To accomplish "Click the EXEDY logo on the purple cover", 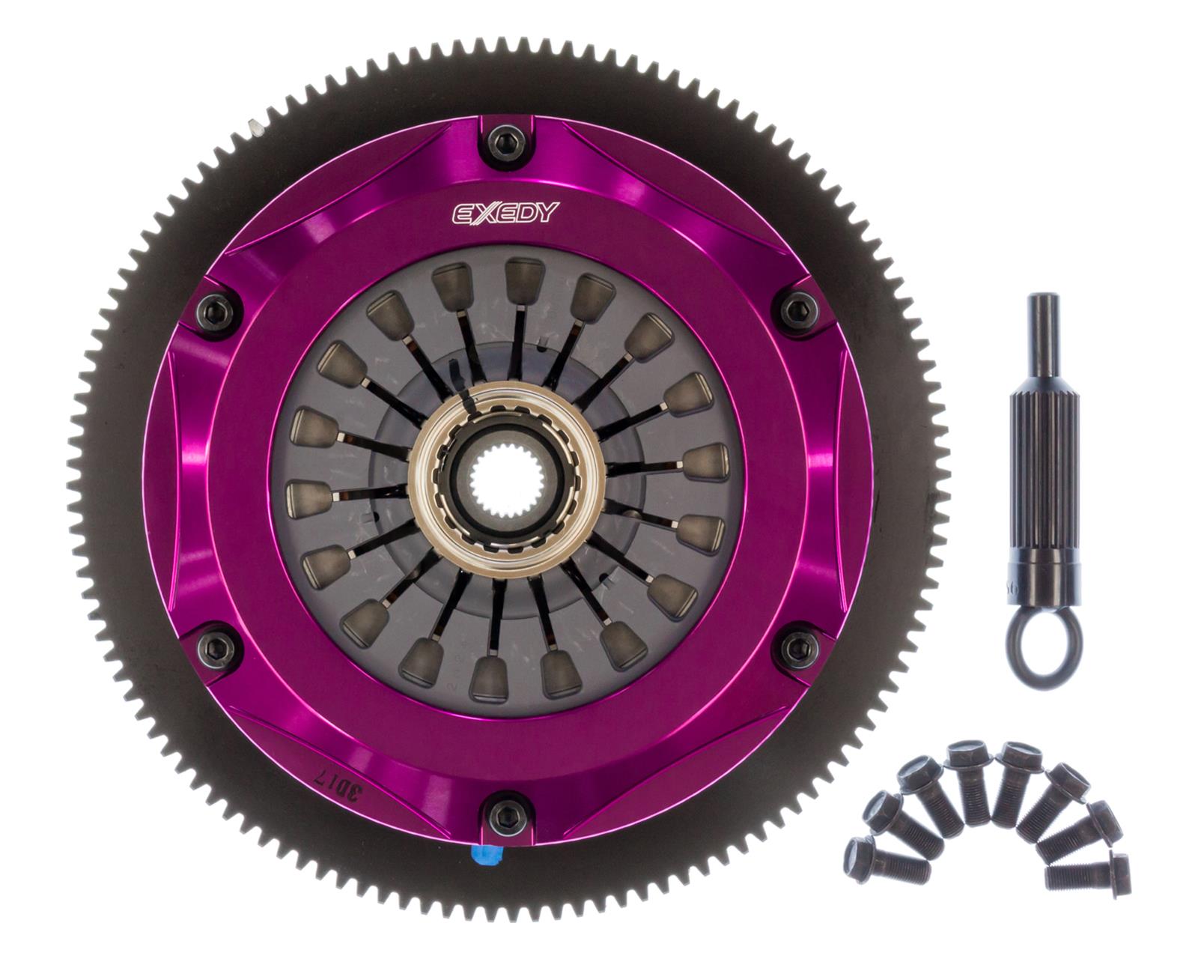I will coord(505,213).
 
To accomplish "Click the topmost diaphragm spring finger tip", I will coord(523,276).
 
